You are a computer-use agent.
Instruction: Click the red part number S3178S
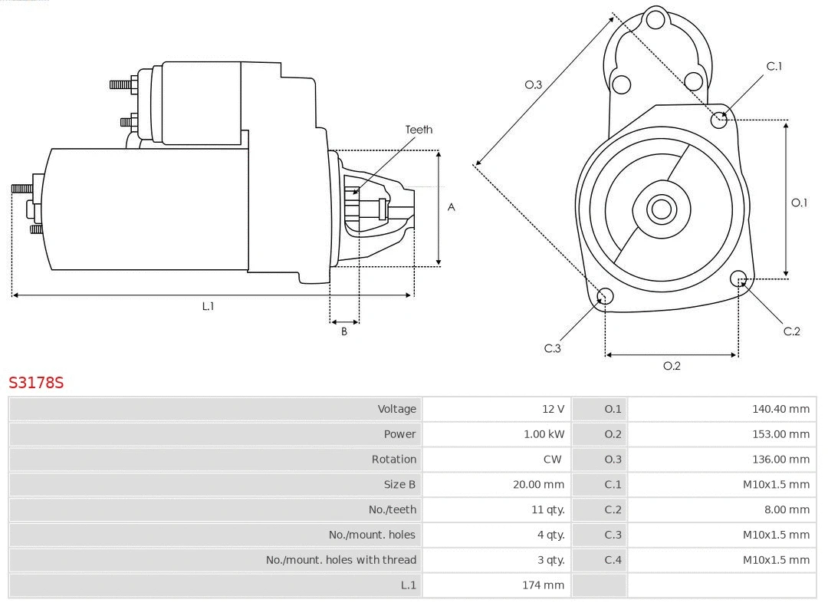[x=36, y=382]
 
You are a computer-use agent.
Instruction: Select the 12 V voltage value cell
[x=551, y=409]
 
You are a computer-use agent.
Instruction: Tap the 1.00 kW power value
[x=544, y=434]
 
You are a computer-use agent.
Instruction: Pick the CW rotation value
[x=551, y=460]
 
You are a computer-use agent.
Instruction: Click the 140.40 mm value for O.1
[x=780, y=409]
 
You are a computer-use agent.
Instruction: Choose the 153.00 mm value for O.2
[x=780, y=434]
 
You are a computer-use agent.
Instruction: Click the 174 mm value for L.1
[x=543, y=585]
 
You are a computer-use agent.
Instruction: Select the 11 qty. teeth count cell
[x=547, y=509]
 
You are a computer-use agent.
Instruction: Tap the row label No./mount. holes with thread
[x=341, y=560]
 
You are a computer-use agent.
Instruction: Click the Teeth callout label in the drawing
[x=419, y=130]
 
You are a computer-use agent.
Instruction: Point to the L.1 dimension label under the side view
[x=208, y=306]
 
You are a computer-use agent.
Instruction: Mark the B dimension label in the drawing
[x=344, y=331]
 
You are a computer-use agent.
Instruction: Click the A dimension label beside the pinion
[x=452, y=207]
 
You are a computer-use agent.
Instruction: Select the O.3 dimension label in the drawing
[x=534, y=84]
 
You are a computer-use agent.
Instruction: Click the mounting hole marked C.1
[x=719, y=120]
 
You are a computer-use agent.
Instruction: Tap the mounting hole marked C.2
[x=738, y=278]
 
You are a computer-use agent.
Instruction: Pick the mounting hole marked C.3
[x=605, y=296]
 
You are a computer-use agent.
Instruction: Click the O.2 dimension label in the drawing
[x=672, y=366]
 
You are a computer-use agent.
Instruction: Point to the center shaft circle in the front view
[x=660, y=209]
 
